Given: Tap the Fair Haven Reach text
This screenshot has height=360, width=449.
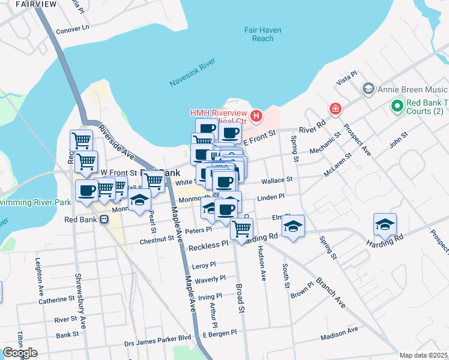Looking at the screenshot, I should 263,34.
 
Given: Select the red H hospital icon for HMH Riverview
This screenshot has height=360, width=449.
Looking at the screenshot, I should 256,115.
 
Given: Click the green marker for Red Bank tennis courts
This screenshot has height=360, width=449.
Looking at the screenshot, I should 396,106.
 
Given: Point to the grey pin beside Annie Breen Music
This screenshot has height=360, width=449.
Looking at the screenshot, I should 369,89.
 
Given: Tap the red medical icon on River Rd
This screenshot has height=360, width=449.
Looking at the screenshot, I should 335,109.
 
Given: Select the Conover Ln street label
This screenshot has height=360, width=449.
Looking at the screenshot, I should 72,28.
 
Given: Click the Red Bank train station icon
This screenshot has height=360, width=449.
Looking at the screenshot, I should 104,220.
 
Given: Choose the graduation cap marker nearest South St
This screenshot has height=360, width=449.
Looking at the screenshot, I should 293,226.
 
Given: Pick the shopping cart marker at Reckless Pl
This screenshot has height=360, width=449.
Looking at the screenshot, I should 241,229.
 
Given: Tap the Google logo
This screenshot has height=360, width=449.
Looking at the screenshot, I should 20,353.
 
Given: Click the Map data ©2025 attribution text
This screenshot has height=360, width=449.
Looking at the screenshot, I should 423,355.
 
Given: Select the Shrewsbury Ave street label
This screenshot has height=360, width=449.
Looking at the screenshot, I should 80,301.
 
